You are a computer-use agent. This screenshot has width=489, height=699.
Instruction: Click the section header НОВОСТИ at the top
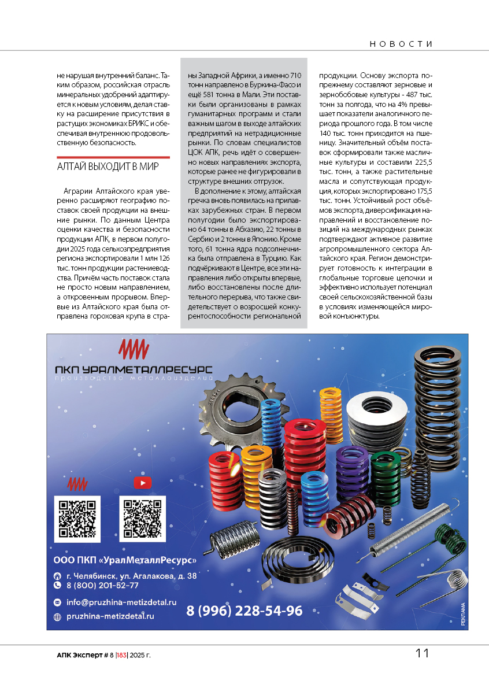pyautogui.click(x=401, y=44)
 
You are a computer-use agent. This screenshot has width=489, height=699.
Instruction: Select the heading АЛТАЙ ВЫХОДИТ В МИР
pyautogui.click(x=108, y=167)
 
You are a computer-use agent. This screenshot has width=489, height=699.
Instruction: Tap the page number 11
pyautogui.click(x=422, y=653)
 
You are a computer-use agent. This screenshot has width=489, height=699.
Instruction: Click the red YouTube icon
pyautogui.click(x=142, y=482)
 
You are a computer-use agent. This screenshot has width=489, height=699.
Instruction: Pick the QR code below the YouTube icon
pyautogui.click(x=142, y=519)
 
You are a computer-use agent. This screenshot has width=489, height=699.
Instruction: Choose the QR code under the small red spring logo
pyautogui.click(x=77, y=519)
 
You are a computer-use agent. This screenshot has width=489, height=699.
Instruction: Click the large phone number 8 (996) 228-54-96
pyautogui.click(x=244, y=611)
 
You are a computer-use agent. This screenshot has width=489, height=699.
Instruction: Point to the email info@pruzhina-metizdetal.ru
pyautogui.click(x=121, y=602)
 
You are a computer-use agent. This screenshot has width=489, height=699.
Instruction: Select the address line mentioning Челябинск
pyautogui.click(x=131, y=576)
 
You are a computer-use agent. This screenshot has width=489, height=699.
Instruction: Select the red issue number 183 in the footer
pyautogui.click(x=121, y=655)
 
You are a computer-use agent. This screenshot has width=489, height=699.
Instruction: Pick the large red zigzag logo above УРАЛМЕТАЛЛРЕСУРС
pyautogui.click(x=134, y=349)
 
